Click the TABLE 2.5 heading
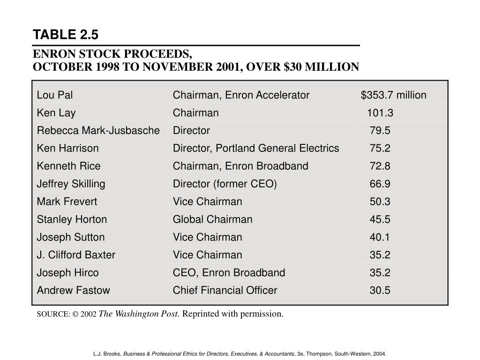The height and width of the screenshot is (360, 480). [65, 35]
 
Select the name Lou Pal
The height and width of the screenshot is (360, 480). [55, 95]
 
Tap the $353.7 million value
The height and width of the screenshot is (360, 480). [393, 95]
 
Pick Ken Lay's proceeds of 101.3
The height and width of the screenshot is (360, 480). [380, 113]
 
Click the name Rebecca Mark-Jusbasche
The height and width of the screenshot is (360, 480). [98, 131]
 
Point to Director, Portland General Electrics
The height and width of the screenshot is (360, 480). [256, 149]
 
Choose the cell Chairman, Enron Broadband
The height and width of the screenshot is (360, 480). [240, 166]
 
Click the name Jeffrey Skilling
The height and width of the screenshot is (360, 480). [71, 184]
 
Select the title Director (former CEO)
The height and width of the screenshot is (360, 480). [225, 184]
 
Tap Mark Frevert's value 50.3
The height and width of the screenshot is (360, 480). [380, 202]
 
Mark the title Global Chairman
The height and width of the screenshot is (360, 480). [213, 219]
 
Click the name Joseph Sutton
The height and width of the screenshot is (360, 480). [71, 237]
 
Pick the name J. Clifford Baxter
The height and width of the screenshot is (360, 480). [76, 255]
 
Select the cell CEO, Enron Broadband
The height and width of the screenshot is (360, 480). [229, 273]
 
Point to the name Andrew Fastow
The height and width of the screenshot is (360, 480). [74, 291]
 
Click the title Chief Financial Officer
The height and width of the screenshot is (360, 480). [225, 291]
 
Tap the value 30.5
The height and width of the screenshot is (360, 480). [380, 291]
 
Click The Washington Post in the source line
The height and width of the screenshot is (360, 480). [139, 314]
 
